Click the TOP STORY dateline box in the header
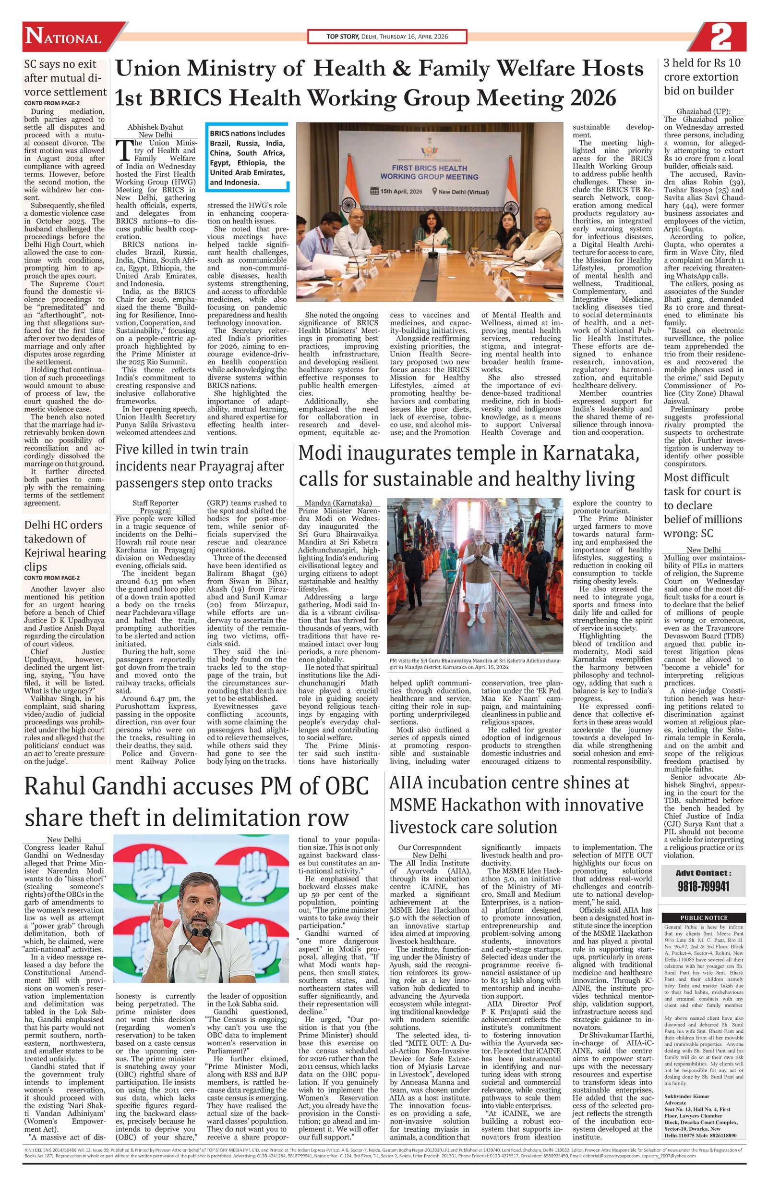(x=386, y=37)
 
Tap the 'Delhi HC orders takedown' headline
(x=65, y=545)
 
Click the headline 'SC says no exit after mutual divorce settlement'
(x=65, y=78)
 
